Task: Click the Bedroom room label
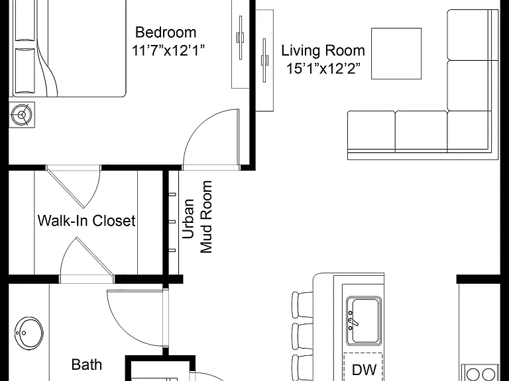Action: point(166,32)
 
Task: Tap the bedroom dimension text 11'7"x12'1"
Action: point(168,50)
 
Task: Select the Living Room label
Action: point(323,50)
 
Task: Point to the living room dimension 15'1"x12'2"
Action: point(323,68)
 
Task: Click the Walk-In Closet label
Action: point(86,221)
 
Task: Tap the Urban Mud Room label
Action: point(197,217)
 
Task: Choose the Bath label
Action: point(87,364)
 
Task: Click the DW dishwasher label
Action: point(365,370)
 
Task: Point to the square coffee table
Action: point(396,54)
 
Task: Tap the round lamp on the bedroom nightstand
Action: point(22,114)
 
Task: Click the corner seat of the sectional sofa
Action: point(469,130)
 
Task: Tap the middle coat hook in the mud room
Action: point(172,222)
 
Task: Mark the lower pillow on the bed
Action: point(25,70)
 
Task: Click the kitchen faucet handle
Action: point(354,322)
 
